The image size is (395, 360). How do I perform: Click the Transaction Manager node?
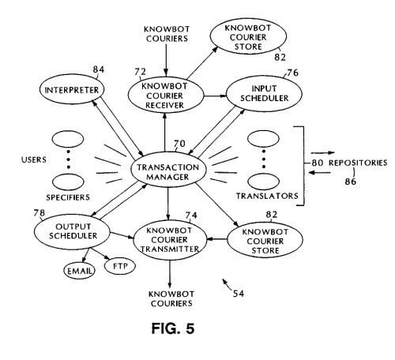(x=168, y=170)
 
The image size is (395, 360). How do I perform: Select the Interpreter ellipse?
(x=72, y=89)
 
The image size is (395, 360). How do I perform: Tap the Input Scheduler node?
(x=264, y=94)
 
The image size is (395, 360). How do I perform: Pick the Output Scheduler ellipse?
(x=73, y=231)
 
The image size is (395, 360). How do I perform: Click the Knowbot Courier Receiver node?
(x=165, y=96)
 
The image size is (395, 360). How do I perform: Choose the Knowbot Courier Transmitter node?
(x=170, y=239)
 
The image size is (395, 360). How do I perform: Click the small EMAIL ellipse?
(x=79, y=271)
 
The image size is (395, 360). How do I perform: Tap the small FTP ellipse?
(x=120, y=266)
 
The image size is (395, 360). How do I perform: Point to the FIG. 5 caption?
(x=173, y=328)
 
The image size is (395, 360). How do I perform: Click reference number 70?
(x=179, y=144)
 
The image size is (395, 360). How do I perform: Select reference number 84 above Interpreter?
(x=99, y=69)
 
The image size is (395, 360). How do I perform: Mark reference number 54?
(x=239, y=294)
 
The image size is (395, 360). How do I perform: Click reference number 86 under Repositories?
(x=351, y=182)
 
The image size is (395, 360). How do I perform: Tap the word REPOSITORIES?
(x=358, y=163)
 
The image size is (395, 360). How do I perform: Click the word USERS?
(x=34, y=159)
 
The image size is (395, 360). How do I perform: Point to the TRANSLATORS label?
(x=267, y=196)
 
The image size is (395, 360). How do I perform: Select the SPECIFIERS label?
(x=68, y=197)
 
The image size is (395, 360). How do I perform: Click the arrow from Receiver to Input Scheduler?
(x=215, y=96)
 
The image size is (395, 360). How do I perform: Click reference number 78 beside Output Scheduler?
(x=39, y=212)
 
